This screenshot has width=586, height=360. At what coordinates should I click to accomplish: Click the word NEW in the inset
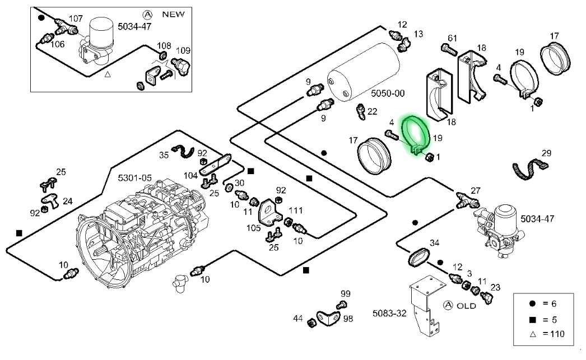pyautogui.click(x=173, y=15)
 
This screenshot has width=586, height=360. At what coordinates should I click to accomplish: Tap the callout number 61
pyautogui.click(x=453, y=38)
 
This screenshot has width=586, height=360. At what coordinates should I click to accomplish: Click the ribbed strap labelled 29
pyautogui.click(x=529, y=167)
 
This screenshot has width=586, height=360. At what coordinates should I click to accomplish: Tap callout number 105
pyautogui.click(x=254, y=227)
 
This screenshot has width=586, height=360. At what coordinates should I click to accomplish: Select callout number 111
pyautogui.click(x=295, y=210)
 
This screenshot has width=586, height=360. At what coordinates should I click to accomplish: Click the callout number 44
pyautogui.click(x=297, y=319)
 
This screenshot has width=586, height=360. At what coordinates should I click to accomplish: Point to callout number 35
pyautogui.click(x=163, y=155)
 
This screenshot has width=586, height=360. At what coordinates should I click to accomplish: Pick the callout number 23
pyautogui.click(x=495, y=288)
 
